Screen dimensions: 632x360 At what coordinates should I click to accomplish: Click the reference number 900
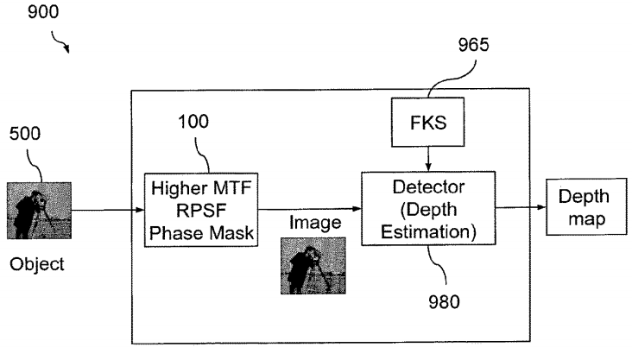tap(43, 11)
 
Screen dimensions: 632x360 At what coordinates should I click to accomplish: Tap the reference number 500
tap(25, 134)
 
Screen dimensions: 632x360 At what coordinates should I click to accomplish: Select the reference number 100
tap(193, 122)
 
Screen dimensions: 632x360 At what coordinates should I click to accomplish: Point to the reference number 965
tap(474, 45)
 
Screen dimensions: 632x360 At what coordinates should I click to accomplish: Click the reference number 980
tap(444, 302)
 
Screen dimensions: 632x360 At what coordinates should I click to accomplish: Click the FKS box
tap(427, 122)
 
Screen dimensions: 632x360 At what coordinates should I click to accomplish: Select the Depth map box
tap(586, 207)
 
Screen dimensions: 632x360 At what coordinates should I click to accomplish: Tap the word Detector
tap(428, 187)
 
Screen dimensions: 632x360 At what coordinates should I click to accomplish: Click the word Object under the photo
tap(36, 264)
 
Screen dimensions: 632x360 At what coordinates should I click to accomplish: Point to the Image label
tap(315, 223)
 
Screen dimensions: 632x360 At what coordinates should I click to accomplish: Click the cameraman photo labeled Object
tap(39, 211)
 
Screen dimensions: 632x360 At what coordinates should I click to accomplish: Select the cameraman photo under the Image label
tap(313, 266)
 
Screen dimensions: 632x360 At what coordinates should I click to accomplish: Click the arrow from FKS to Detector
tap(428, 159)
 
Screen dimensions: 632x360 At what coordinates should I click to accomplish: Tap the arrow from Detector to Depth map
tap(521, 207)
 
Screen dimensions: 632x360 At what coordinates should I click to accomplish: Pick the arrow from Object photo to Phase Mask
tap(108, 210)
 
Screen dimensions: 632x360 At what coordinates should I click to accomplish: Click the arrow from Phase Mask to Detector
tap(310, 209)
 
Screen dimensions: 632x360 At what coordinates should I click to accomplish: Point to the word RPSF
tap(201, 211)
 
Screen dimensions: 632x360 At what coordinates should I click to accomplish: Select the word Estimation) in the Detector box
tap(428, 232)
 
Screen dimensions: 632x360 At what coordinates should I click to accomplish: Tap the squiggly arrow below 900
tap(60, 42)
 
